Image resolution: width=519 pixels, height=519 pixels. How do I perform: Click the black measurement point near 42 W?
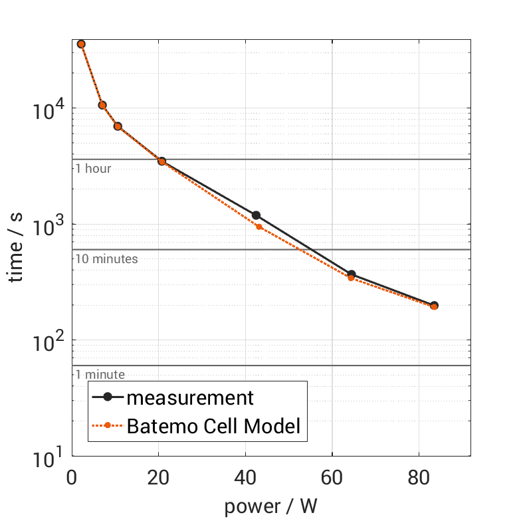(x=256, y=215)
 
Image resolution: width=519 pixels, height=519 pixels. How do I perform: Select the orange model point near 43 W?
(x=259, y=227)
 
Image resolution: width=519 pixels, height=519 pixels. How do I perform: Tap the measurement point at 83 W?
(x=434, y=306)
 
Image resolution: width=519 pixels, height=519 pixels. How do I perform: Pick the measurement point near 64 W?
(x=351, y=274)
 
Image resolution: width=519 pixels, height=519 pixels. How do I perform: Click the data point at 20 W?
(x=161, y=161)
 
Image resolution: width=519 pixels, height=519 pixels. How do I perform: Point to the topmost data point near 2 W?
(x=81, y=44)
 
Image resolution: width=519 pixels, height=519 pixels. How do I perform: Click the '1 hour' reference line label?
(x=93, y=169)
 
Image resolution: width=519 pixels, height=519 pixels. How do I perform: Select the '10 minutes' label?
(x=106, y=259)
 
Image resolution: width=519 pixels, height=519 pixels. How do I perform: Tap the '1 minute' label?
(x=100, y=375)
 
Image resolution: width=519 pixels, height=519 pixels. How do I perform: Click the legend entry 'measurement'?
(x=190, y=397)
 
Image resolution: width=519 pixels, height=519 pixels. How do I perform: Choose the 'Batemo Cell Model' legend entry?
(x=213, y=426)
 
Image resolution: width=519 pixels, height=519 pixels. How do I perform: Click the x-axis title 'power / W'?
(x=270, y=506)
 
